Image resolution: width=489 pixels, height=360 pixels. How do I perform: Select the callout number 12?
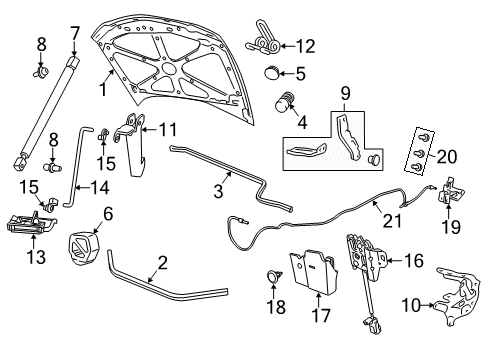304,44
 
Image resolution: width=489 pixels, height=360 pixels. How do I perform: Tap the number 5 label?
299,73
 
